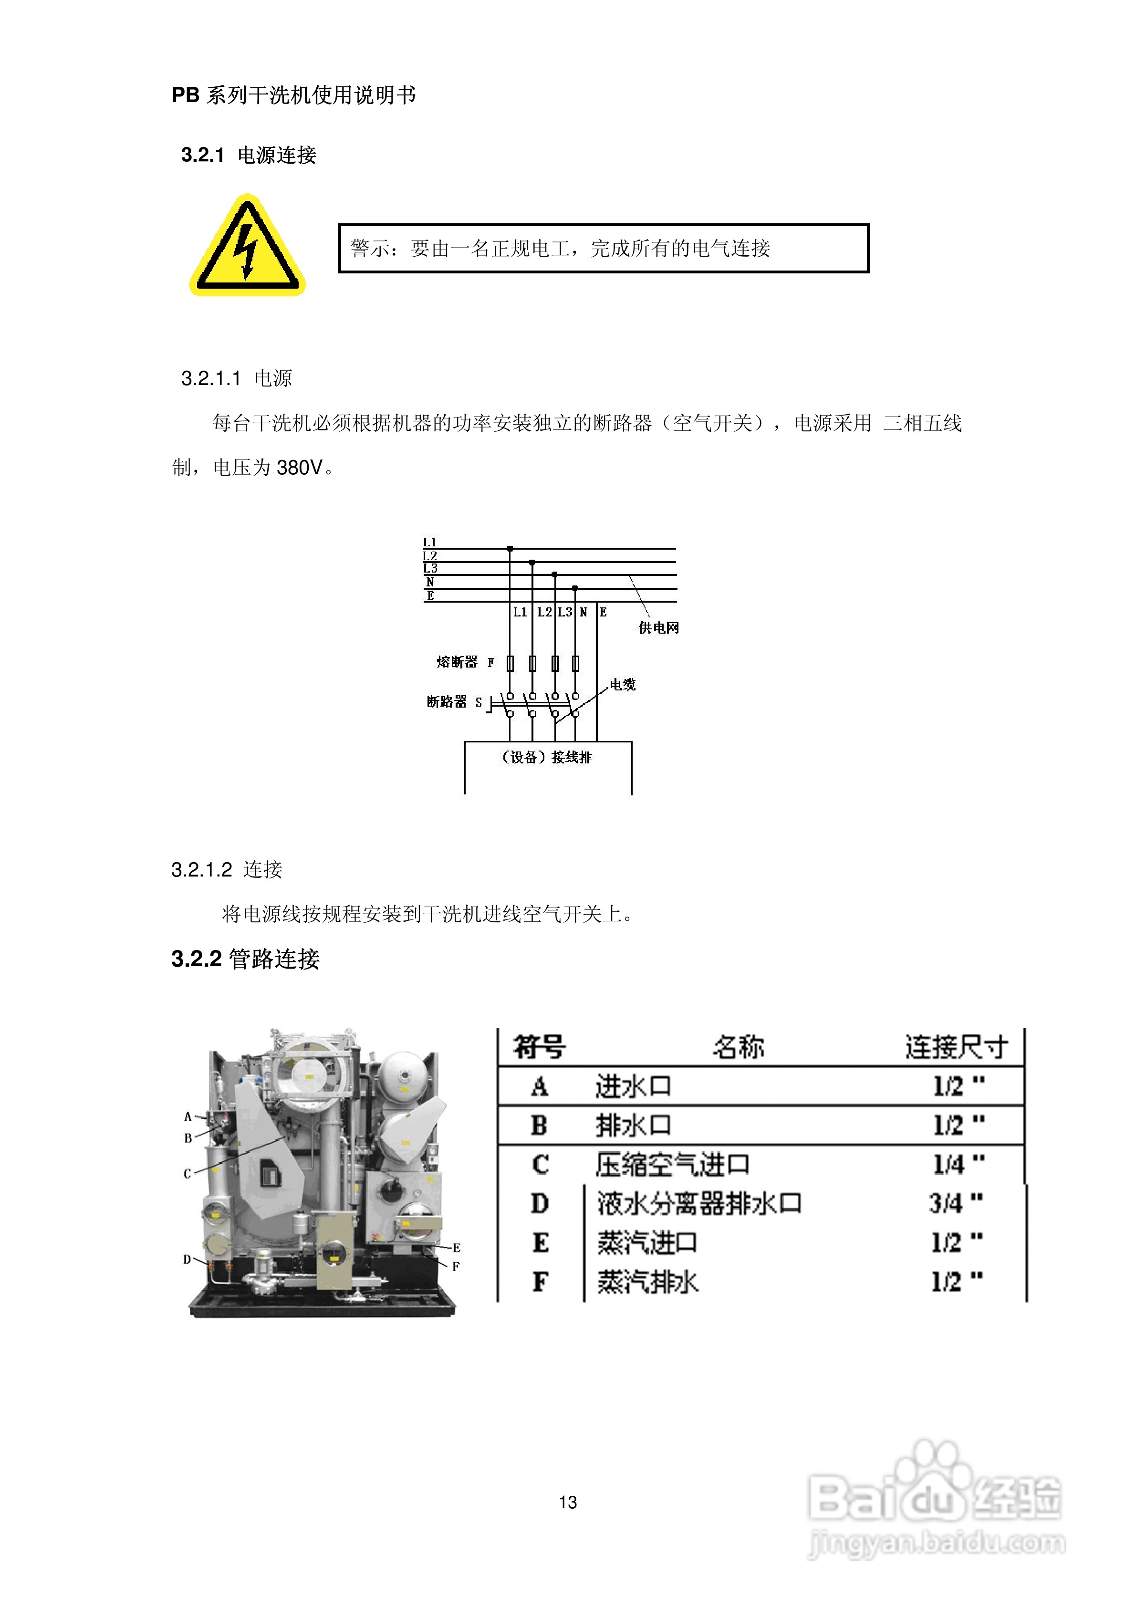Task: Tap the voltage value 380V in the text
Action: (300, 468)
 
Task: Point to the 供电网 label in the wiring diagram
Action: (658, 628)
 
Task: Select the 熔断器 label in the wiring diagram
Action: (457, 661)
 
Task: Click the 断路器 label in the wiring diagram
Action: (447, 701)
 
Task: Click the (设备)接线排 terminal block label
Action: (547, 757)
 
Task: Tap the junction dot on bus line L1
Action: (510, 549)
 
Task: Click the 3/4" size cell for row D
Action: (956, 1203)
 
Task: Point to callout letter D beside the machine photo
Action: (187, 1259)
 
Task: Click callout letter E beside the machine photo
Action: (457, 1247)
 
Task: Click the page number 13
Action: (568, 1502)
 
